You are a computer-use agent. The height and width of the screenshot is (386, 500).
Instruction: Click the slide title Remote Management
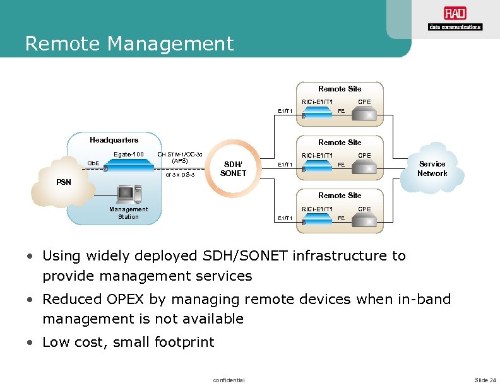point(129,44)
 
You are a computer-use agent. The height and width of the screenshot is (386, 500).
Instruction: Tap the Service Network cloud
point(432,168)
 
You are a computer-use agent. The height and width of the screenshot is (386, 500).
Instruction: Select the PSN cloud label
point(63,182)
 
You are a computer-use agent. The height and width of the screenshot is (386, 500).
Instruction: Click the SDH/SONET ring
point(234,168)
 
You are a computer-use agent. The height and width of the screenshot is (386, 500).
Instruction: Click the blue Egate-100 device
point(129,168)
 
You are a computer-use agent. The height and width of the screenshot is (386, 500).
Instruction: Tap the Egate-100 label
point(129,155)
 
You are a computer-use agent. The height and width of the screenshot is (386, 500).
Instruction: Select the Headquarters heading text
point(114,140)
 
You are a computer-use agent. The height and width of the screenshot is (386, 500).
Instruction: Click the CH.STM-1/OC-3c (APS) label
point(180,157)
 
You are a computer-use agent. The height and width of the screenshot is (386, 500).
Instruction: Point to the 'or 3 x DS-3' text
point(180,174)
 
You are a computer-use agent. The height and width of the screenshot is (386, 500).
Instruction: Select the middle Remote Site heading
point(340,143)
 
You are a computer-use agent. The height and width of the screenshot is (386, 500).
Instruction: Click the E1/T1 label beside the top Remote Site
point(285,111)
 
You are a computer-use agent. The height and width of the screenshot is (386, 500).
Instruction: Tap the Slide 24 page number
point(485,380)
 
